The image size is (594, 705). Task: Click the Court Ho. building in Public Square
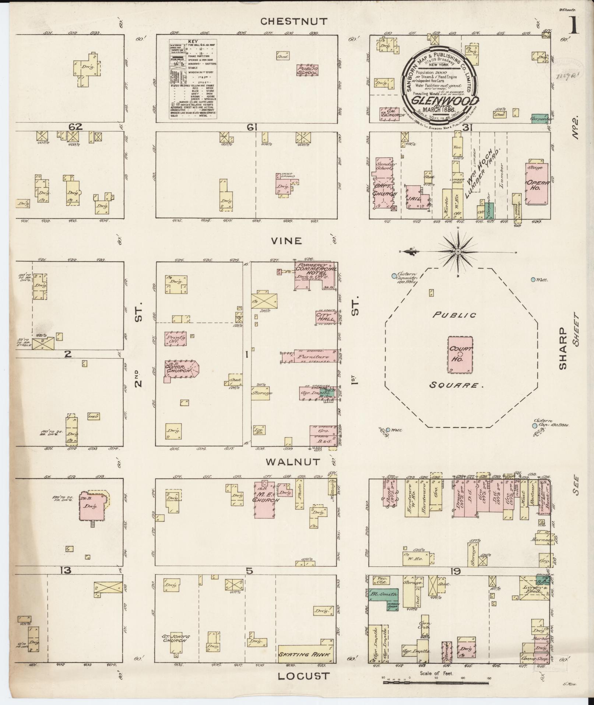coord(460,354)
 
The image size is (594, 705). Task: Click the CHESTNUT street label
coord(294,21)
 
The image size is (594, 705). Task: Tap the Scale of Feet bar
coord(436,683)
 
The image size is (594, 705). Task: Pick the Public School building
coord(307,70)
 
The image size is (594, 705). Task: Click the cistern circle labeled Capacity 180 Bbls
coord(394,276)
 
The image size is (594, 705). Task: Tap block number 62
coord(75,127)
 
